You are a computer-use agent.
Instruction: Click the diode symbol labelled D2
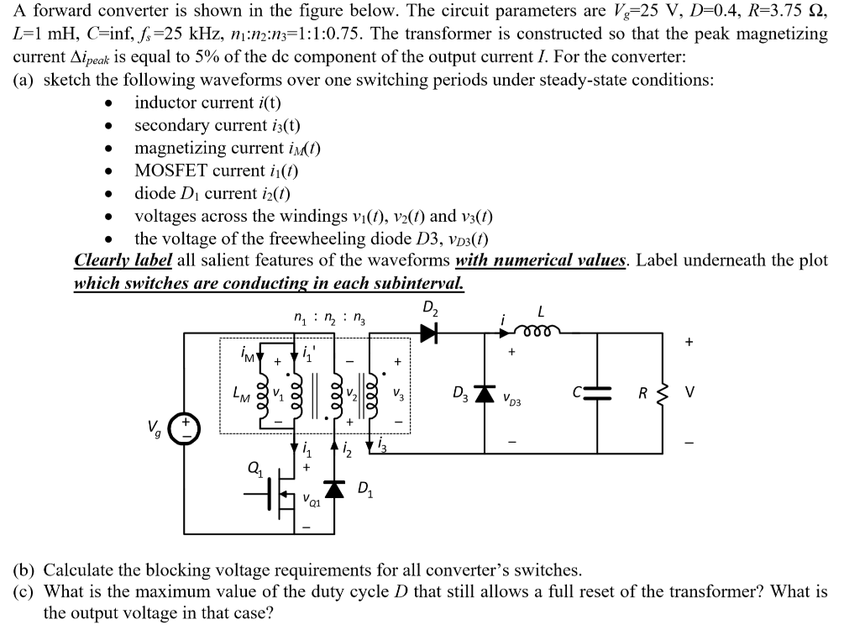pos(429,333)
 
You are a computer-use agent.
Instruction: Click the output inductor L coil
pos(537,329)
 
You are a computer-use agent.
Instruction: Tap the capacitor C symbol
pos(596,393)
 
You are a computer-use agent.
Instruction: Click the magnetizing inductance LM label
pos(241,394)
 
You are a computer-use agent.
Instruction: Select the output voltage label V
pos(690,392)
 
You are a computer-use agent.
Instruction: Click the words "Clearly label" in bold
pos(123,260)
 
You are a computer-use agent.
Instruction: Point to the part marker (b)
pos(28,570)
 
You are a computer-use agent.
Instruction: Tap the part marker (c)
pos(28,591)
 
